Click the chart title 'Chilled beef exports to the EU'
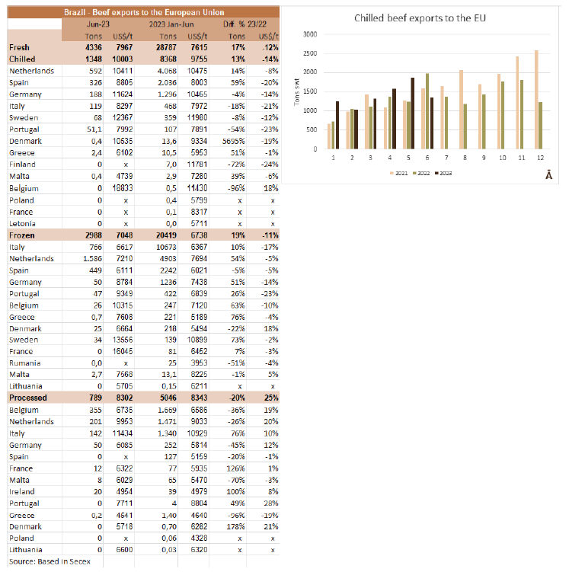[420, 18]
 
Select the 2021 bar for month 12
[536, 100]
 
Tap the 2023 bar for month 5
[412, 113]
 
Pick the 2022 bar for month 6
[427, 111]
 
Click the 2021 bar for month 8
[461, 110]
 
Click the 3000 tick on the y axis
[310, 34]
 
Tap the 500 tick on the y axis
[312, 129]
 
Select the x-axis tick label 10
[502, 158]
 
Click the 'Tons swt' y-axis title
[297, 92]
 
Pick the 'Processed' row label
[28, 398]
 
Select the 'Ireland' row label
[22, 491]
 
